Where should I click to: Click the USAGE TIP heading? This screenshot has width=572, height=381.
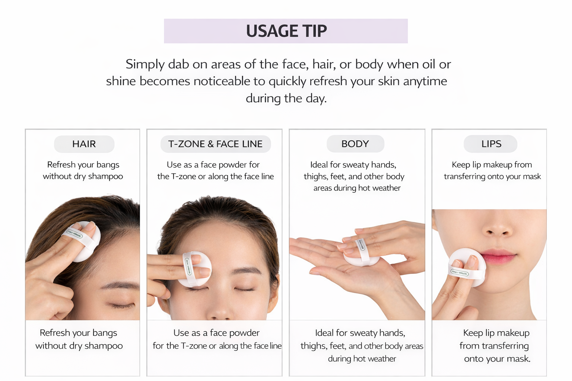(286, 31)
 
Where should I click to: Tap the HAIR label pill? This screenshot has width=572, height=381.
(84, 144)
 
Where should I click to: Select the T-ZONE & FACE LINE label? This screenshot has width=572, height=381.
(215, 144)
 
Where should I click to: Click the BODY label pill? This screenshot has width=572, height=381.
(355, 144)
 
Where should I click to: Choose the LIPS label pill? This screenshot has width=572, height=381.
(490, 144)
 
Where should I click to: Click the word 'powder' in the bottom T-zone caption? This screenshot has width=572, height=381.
(245, 333)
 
